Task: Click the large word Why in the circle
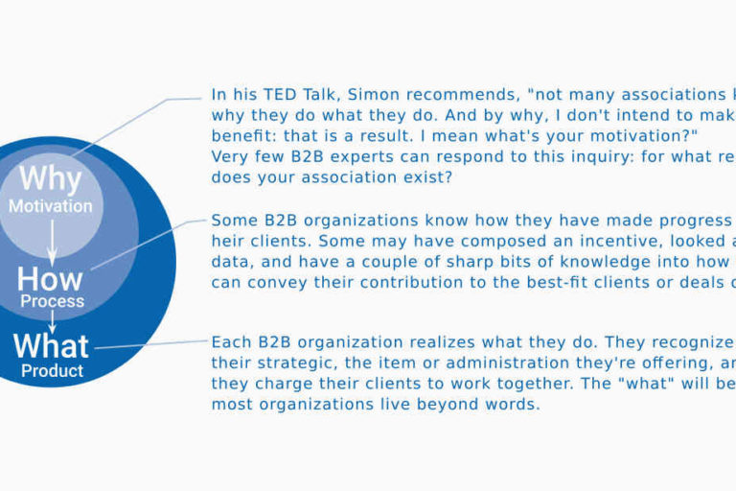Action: tap(51, 179)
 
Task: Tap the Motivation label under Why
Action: tap(51, 205)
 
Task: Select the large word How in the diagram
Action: tap(50, 279)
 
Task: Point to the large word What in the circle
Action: tap(51, 346)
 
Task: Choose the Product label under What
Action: tap(52, 370)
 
